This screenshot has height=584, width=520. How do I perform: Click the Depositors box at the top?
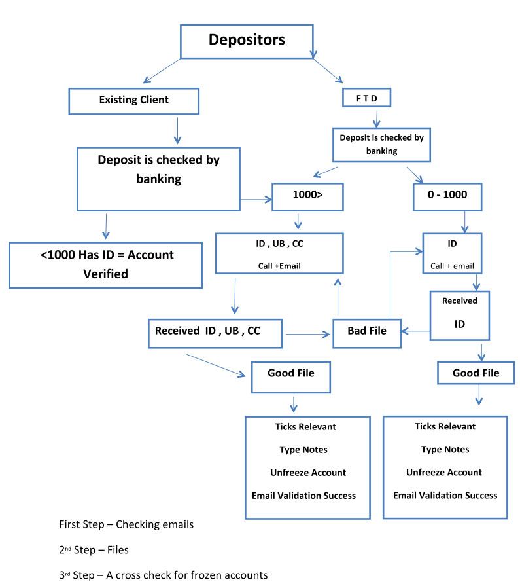pyautogui.click(x=247, y=41)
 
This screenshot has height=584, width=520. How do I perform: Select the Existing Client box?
pyautogui.click(x=133, y=100)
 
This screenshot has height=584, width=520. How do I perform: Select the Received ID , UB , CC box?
pyautogui.click(x=207, y=331)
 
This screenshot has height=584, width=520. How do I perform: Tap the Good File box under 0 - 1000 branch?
pyautogui.click(x=476, y=373)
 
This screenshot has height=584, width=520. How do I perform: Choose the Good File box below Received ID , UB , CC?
pyautogui.click(x=290, y=374)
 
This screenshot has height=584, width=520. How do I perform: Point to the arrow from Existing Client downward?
pyautogui.click(x=177, y=129)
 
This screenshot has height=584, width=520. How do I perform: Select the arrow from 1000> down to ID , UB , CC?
pyautogui.click(x=298, y=221)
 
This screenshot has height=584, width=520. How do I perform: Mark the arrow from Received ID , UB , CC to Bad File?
pyautogui.click(x=307, y=335)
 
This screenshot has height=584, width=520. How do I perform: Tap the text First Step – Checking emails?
pyautogui.click(x=126, y=525)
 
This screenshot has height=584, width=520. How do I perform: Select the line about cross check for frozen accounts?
pyautogui.click(x=164, y=575)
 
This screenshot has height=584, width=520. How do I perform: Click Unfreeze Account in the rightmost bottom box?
pyautogui.click(x=445, y=472)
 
